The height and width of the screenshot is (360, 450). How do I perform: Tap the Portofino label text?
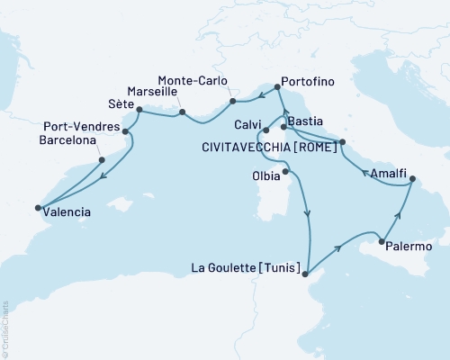tap(308, 82)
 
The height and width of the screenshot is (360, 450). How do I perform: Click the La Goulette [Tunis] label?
tap(246, 266)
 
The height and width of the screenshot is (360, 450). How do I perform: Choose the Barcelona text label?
tap(68, 140)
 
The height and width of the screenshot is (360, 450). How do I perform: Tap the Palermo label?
tap(413, 246)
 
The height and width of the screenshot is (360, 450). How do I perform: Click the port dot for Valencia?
tap(38, 209)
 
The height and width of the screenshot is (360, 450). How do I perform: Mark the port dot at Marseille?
tap(183, 112)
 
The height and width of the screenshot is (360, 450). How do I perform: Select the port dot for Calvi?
tap(267, 141)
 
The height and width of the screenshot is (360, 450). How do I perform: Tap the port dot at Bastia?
tap(283, 128)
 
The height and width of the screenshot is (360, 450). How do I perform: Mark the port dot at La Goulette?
tap(307, 274)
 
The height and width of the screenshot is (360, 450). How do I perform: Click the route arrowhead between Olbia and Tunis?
tap(309, 213)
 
